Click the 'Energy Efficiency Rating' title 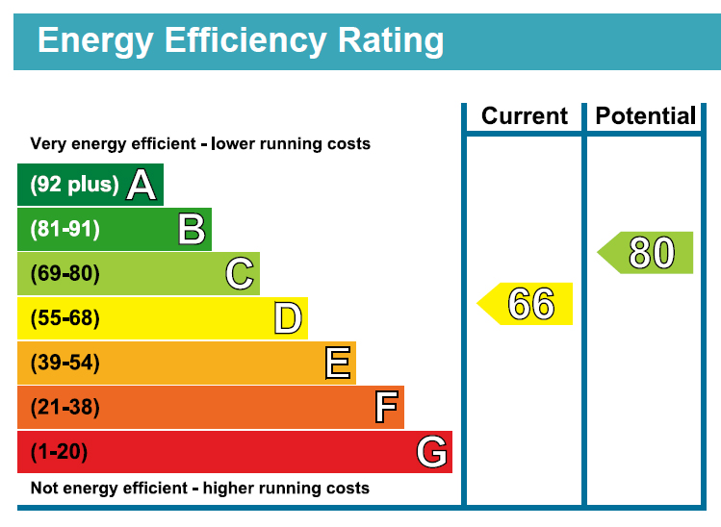tap(240, 40)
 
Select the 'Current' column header tap(525, 116)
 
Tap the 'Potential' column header tap(645, 116)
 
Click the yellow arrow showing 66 tap(528, 304)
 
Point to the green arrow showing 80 tap(648, 253)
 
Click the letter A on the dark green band tap(142, 185)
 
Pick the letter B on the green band tap(191, 230)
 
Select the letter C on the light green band tap(240, 274)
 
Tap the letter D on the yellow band tap(288, 318)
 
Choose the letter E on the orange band tap(337, 364)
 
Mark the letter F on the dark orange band tap(386, 408)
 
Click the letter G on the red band tap(432, 452)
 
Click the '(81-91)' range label tap(65, 230)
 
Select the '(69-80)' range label tap(65, 274)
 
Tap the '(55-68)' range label tap(65, 318)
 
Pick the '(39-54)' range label tap(65, 364)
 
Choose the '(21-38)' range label tap(65, 408)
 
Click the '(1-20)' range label tap(60, 452)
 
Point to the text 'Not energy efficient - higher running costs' tap(200, 488)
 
